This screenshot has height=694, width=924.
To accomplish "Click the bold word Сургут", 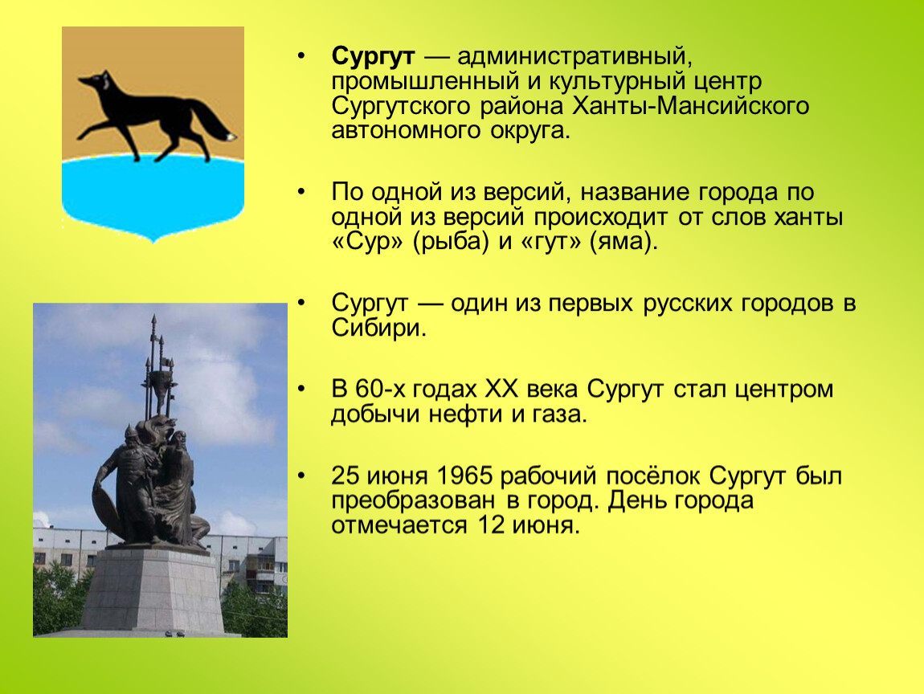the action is click(373, 56).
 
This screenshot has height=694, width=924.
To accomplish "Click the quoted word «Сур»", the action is click(368, 242).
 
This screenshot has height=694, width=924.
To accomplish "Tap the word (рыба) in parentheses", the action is click(451, 242).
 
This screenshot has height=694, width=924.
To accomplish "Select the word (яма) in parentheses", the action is click(623, 242).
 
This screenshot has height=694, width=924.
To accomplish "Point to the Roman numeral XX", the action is click(501, 390).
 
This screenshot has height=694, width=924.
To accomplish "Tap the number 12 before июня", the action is click(490, 525).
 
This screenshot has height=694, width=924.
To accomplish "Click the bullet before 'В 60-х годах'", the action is click(302, 390).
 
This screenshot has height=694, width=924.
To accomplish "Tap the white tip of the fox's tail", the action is click(231, 137).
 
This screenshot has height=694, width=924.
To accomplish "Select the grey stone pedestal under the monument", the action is click(152, 589).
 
